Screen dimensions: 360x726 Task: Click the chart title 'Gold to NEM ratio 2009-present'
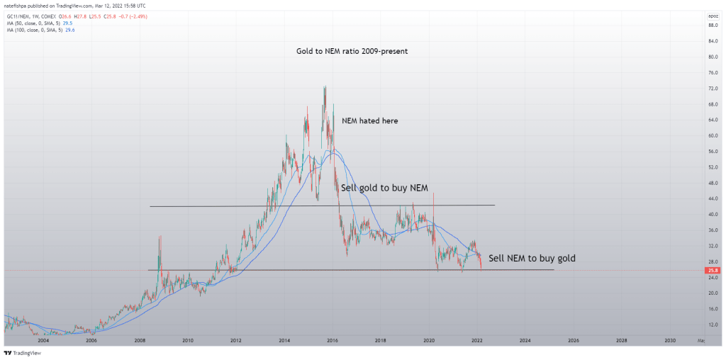pyautogui.click(x=352, y=52)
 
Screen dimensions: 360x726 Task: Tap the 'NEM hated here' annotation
pyautogui.click(x=369, y=121)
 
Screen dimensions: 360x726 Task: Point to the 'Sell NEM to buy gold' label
pyautogui.click(x=532, y=258)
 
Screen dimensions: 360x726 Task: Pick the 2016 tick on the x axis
pyautogui.click(x=332, y=340)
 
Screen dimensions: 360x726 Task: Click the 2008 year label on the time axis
pyautogui.click(x=140, y=340)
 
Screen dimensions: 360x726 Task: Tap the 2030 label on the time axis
pyautogui.click(x=669, y=340)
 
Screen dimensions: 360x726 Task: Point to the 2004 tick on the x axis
pyautogui.click(x=43, y=340)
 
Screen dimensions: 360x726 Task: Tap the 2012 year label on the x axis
pyautogui.click(x=235, y=340)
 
